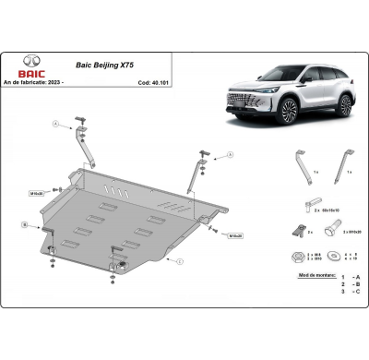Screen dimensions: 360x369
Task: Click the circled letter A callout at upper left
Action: pyautogui.click(x=55, y=122)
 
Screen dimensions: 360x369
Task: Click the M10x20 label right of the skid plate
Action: pyautogui.click(x=234, y=235)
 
